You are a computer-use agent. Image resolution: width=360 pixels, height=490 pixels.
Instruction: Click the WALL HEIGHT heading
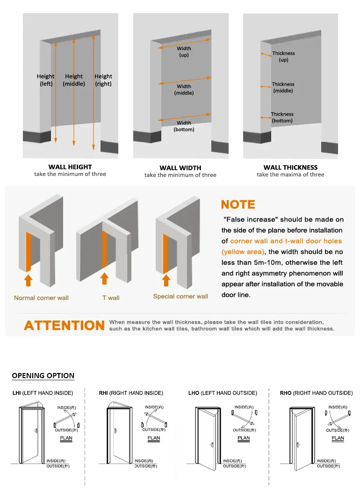(x=70, y=167)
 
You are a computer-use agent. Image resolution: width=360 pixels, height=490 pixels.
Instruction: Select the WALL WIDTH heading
(x=180, y=168)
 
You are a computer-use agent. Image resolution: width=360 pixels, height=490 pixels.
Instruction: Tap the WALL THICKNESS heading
(x=290, y=167)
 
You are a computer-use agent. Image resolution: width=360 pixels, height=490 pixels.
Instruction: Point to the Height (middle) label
(x=74, y=80)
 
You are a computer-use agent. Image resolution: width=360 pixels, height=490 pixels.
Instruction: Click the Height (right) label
(x=103, y=80)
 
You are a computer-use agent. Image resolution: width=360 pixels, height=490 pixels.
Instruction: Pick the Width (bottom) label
(x=184, y=126)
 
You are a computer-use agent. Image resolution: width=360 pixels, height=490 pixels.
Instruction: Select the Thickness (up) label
(x=283, y=57)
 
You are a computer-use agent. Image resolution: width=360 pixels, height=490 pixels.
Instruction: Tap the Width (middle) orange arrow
(x=182, y=82)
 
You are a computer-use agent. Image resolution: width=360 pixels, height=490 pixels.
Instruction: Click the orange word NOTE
(x=238, y=205)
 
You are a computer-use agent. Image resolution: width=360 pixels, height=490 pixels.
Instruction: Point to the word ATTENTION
(x=65, y=326)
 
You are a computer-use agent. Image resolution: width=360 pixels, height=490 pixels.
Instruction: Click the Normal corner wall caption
(x=41, y=298)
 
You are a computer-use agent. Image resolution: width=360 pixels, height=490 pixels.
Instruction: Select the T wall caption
(x=111, y=298)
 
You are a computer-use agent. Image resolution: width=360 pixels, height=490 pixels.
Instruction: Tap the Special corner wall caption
(x=180, y=296)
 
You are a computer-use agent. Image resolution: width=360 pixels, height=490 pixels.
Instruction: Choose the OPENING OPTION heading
(x=43, y=375)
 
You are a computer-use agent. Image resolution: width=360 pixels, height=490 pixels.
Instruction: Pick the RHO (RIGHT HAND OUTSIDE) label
(x=316, y=393)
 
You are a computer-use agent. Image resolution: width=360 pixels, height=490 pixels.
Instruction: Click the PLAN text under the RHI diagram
(x=154, y=439)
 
